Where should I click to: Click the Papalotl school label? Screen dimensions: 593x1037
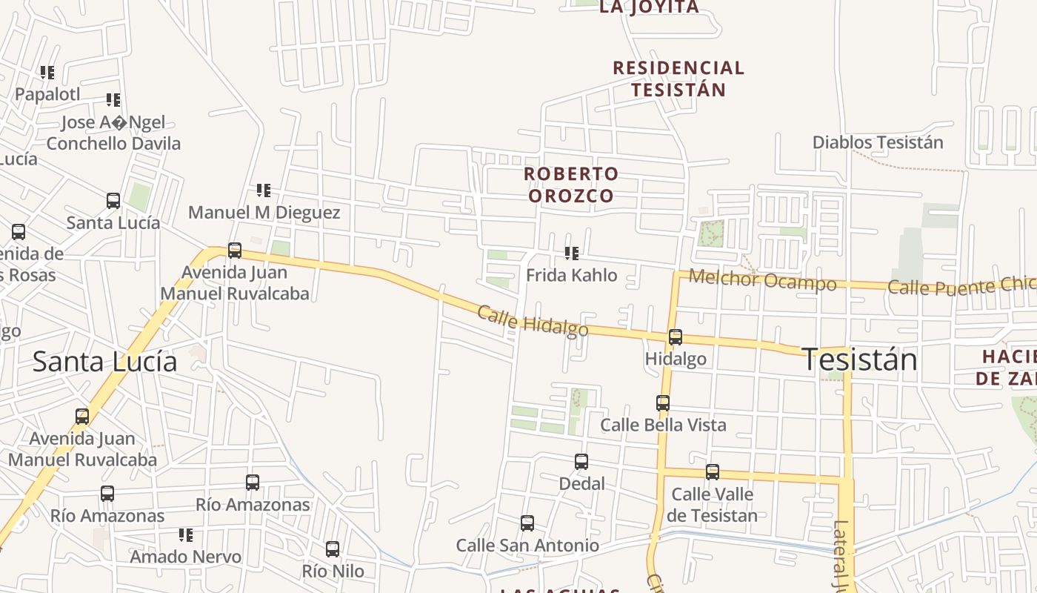click(x=47, y=95)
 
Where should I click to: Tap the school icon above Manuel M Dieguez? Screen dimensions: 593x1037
click(x=264, y=191)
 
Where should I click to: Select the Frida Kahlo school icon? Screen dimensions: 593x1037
click(x=572, y=254)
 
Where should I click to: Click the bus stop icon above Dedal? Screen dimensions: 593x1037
click(x=581, y=462)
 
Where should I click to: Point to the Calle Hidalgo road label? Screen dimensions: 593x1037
click(x=533, y=321)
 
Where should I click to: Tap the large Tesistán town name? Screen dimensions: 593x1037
click(x=859, y=360)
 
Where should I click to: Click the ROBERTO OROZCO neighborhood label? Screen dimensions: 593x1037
click(x=570, y=185)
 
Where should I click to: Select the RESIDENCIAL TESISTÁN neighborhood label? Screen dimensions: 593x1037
click(x=678, y=79)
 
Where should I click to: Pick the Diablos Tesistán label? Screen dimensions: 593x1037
click(x=878, y=142)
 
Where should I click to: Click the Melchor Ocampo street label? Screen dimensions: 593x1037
click(x=762, y=280)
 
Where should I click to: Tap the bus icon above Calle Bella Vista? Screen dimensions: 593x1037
click(x=663, y=403)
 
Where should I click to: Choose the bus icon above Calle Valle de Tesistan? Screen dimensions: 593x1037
click(x=713, y=471)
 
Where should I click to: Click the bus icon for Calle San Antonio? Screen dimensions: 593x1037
click(x=527, y=523)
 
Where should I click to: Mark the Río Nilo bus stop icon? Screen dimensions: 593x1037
click(x=333, y=549)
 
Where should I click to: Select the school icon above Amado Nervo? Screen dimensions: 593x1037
click(x=186, y=534)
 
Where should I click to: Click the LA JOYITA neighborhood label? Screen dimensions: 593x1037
click(x=648, y=7)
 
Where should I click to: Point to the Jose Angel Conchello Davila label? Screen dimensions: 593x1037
click(x=113, y=133)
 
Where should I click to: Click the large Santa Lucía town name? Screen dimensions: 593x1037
click(x=105, y=362)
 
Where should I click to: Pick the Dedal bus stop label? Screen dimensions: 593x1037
click(x=581, y=484)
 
